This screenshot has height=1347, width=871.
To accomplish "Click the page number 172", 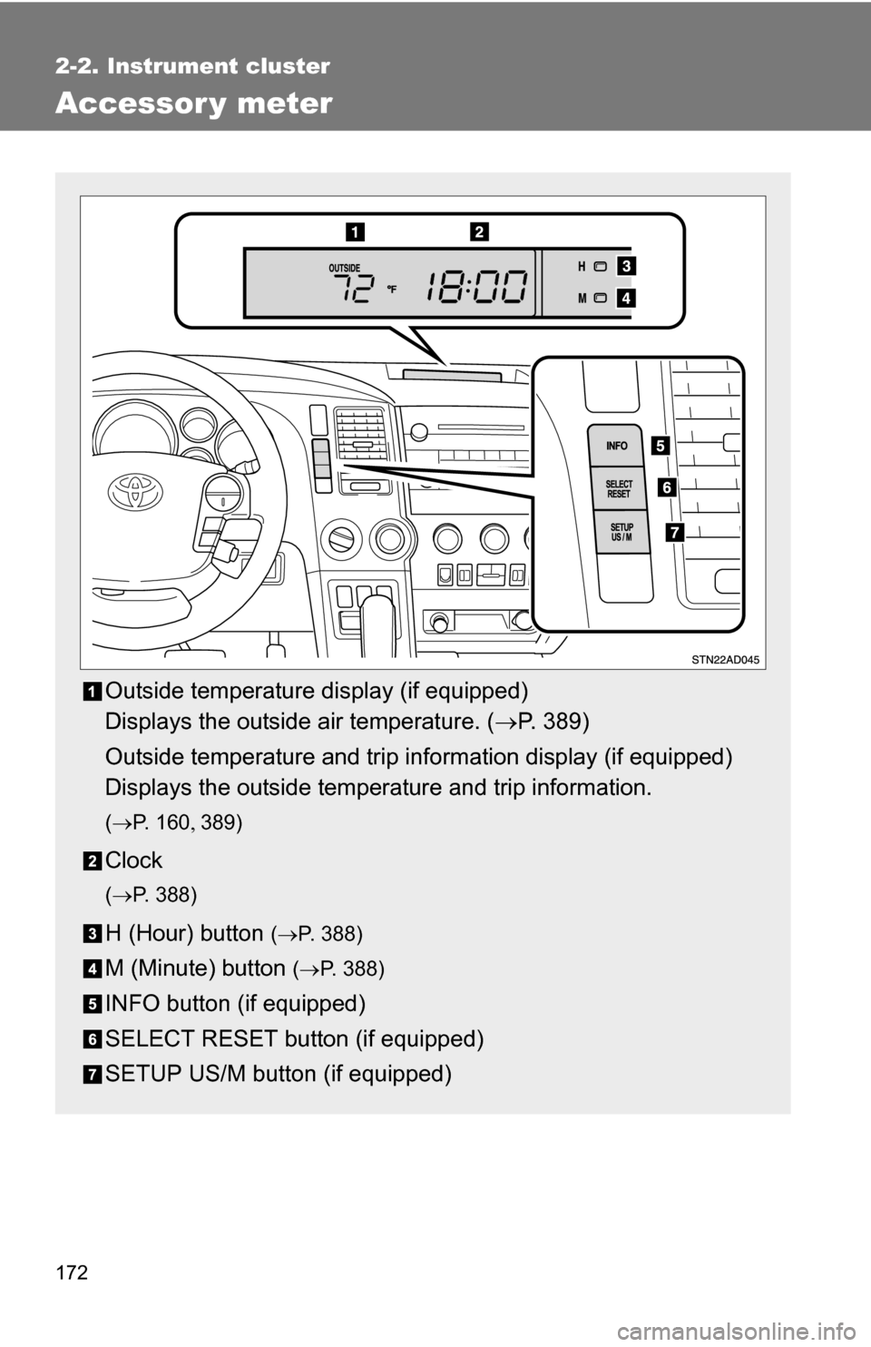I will pyautogui.click(x=73, y=1273).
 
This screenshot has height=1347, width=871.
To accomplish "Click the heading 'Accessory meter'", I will pyautogui.click(x=193, y=103).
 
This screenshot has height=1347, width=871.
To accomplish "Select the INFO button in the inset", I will pyautogui.click(x=617, y=446).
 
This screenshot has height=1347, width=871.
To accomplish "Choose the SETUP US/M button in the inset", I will pyautogui.click(x=621, y=532).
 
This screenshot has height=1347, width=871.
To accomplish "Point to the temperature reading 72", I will pyautogui.click(x=354, y=290).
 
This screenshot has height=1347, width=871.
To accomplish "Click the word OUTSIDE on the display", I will pyautogui.click(x=344, y=268).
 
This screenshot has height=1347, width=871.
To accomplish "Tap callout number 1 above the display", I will pyautogui.click(x=354, y=231).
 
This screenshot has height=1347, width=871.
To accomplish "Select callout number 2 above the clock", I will pyautogui.click(x=479, y=231).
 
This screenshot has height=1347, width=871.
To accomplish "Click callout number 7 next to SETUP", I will pyautogui.click(x=672, y=532).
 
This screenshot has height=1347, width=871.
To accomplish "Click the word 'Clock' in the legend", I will pyautogui.click(x=133, y=860).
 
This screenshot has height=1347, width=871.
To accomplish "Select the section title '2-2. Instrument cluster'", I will pyautogui.click(x=193, y=66).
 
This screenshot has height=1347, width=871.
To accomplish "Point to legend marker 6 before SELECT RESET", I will pyautogui.click(x=96, y=1039).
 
